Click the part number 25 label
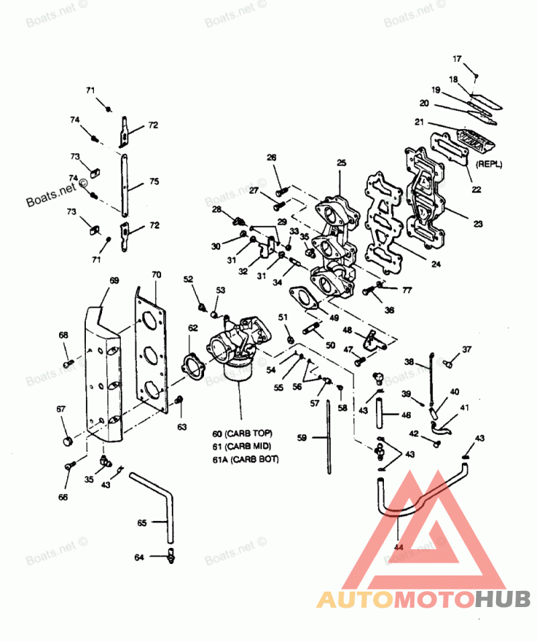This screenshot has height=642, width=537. (341, 163)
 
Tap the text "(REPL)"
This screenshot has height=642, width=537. (489, 164)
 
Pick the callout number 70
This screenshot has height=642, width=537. (156, 275)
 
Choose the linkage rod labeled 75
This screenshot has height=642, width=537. (125, 183)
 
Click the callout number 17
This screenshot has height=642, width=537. (457, 58)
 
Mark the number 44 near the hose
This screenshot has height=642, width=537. (399, 549)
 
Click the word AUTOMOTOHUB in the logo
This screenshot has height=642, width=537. (424, 598)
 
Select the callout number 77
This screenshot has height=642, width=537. (407, 290)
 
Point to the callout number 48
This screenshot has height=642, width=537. (348, 330)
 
